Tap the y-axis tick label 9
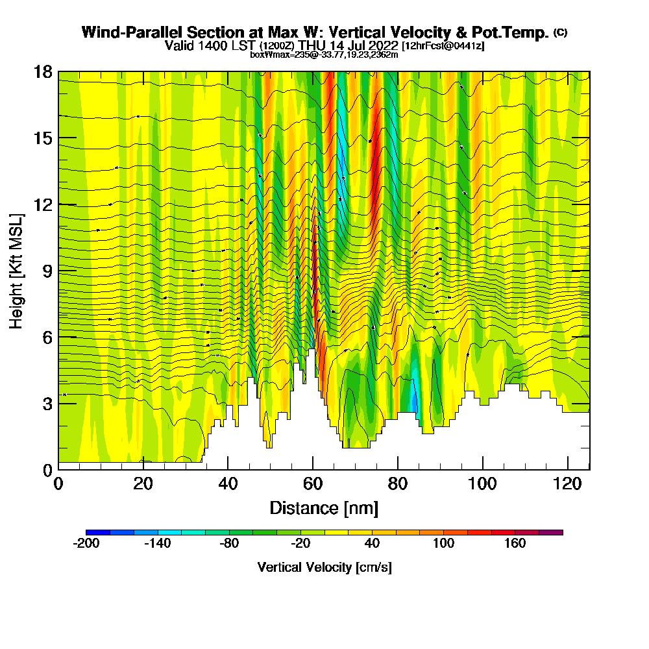tap(47, 271)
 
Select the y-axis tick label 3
tap(47, 403)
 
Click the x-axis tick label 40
tap(228, 484)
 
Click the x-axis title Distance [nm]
tap(324, 508)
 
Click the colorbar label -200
tap(86, 544)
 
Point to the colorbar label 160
tap(515, 544)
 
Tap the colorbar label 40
tap(371, 544)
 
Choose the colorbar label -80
tap(228, 544)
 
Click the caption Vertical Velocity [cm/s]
tap(324, 567)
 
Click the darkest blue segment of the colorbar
tap(98, 532)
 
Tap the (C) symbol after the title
tap(560, 32)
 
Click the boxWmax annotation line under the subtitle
tap(324, 55)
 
